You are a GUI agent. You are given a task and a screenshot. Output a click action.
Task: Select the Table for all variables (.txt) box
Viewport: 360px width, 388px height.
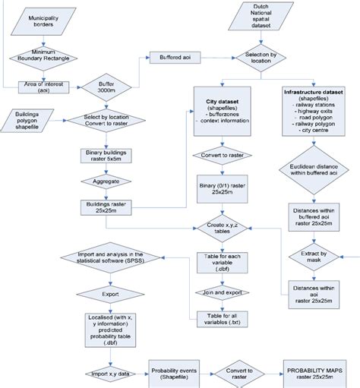[x=221, y=320]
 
